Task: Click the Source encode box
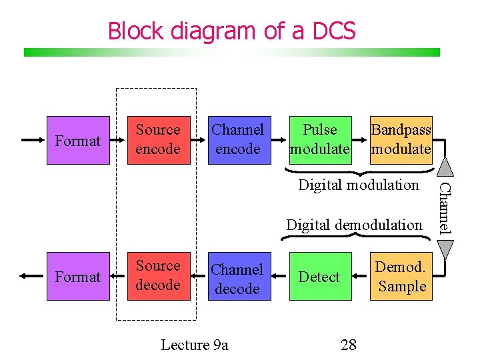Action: pyautogui.click(x=158, y=140)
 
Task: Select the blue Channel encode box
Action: pyautogui.click(x=238, y=140)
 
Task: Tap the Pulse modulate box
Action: pyautogui.click(x=320, y=140)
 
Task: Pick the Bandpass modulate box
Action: pyautogui.click(x=401, y=140)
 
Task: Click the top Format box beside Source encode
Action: pyautogui.click(x=77, y=141)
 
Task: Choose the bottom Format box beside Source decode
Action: pyautogui.click(x=77, y=276)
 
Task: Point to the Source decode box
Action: pyautogui.click(x=158, y=276)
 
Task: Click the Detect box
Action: pyautogui.click(x=320, y=276)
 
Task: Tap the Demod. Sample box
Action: pyautogui.click(x=401, y=276)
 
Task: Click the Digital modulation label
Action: pyautogui.click(x=359, y=185)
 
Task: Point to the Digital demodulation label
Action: pyautogui.click(x=354, y=225)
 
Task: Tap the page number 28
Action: pyautogui.click(x=349, y=344)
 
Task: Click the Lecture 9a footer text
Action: pyautogui.click(x=195, y=344)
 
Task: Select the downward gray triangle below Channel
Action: pyautogui.click(x=446, y=249)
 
